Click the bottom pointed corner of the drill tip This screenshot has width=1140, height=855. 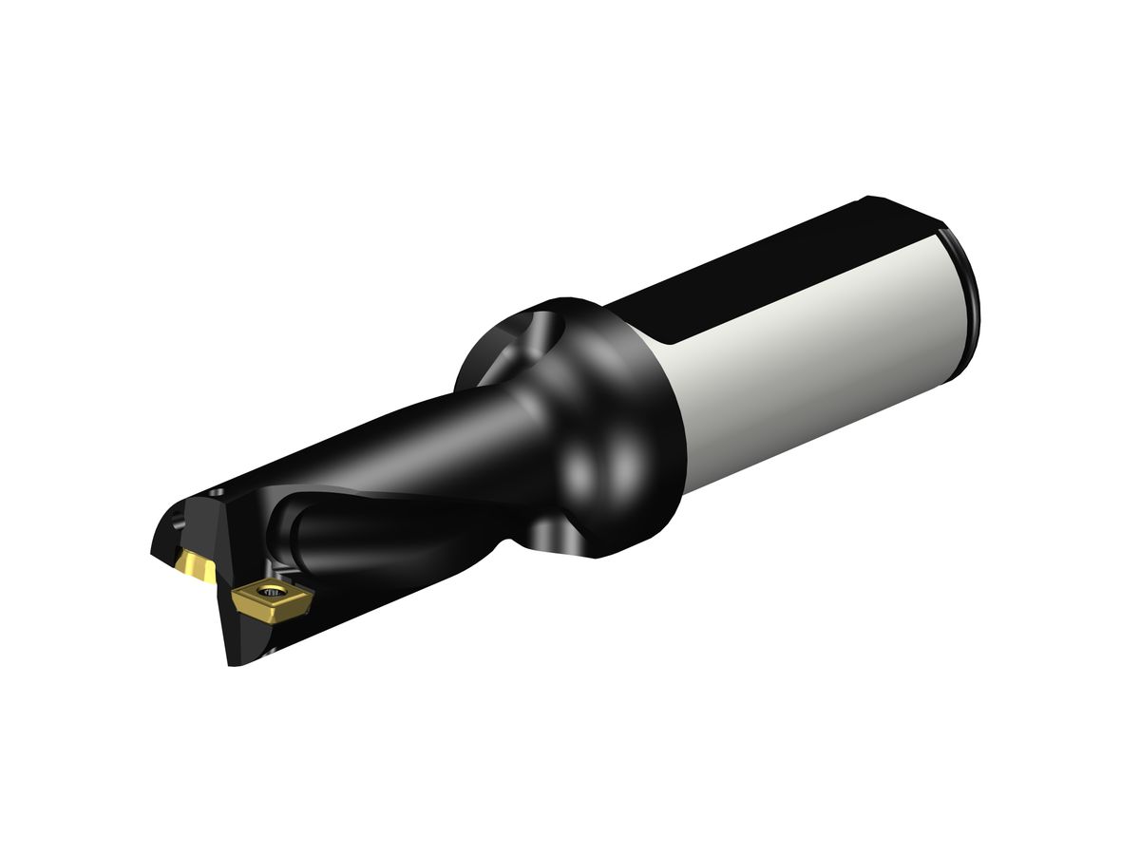(232, 663)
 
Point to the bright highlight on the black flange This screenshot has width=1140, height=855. (608, 465)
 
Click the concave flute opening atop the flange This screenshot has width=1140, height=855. (532, 337)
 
